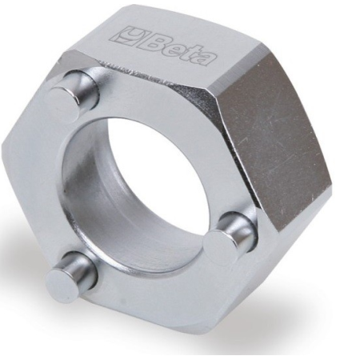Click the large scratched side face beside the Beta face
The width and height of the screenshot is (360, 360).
pyautogui.click(x=280, y=128)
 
